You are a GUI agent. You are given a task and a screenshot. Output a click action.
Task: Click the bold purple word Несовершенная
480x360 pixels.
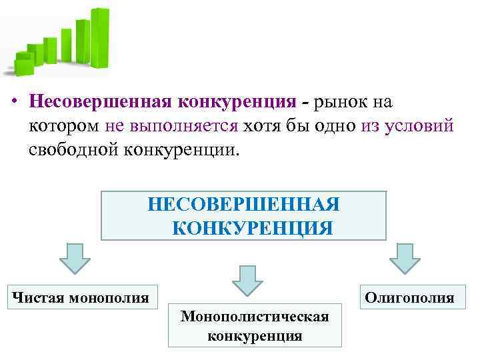click(x=99, y=103)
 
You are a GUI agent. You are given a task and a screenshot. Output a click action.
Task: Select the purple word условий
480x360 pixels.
click(x=419, y=125)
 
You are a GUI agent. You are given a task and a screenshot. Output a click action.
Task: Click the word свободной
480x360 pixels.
click(x=73, y=148)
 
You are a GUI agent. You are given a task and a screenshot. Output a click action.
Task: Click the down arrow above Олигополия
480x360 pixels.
click(x=405, y=258)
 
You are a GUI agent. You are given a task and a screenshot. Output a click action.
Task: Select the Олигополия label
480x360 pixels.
click(x=409, y=297)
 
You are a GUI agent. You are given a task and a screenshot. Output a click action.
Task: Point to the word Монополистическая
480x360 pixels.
click(x=255, y=315)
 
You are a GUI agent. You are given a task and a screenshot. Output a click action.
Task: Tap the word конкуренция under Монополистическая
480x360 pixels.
click(x=255, y=335)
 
